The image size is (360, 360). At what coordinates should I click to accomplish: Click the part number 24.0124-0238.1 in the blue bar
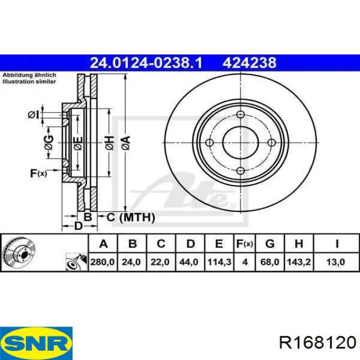click(x=146, y=63)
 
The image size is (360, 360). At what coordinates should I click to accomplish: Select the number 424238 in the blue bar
click(x=249, y=63)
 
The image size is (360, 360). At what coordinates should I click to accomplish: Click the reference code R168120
click(x=318, y=343)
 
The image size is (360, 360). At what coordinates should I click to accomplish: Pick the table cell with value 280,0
click(x=102, y=262)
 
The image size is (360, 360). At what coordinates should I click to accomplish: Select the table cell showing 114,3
click(x=220, y=262)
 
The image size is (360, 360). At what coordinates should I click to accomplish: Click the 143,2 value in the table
click(x=299, y=262)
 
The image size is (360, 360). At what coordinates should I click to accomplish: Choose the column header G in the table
click(x=270, y=244)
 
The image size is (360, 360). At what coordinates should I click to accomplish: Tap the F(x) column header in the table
click(x=245, y=244)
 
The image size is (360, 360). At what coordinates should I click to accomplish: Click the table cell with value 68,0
click(x=270, y=262)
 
